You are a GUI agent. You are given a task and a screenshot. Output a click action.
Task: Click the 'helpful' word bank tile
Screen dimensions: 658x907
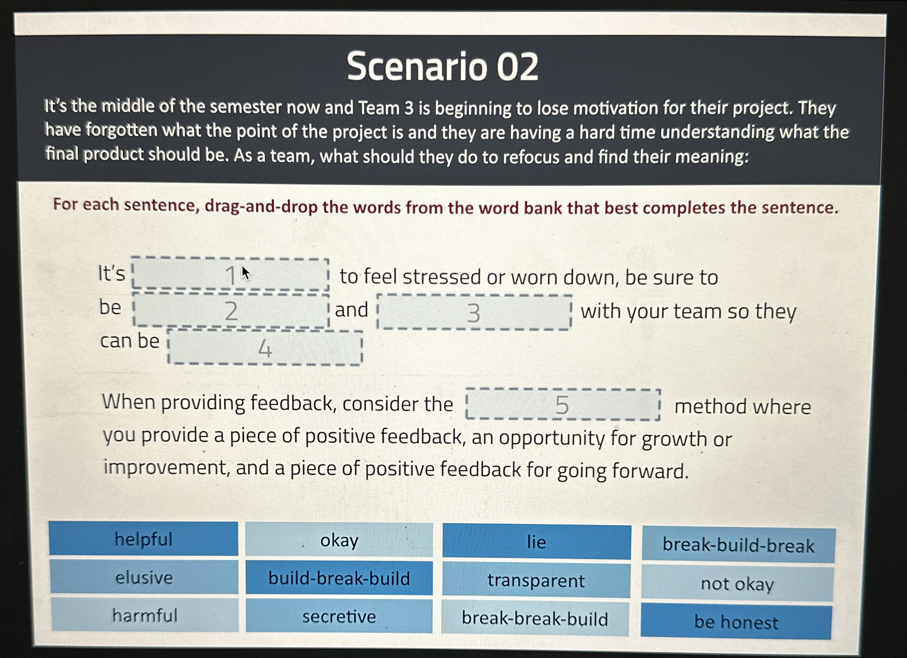[x=144, y=539]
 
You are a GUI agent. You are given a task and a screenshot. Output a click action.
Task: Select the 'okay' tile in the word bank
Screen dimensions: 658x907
[x=339, y=541]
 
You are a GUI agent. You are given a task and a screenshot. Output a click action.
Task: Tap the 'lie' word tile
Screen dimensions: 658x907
[x=536, y=542]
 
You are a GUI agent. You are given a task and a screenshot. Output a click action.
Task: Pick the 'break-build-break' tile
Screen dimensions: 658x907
[x=738, y=545]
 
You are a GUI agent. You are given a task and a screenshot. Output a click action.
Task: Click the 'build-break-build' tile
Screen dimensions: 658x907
[x=339, y=578]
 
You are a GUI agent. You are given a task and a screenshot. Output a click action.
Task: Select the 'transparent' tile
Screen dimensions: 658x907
[x=536, y=580]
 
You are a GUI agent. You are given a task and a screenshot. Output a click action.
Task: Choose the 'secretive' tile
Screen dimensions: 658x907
[x=339, y=616]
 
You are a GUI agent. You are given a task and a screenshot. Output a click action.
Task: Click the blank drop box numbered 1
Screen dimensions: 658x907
[x=230, y=274]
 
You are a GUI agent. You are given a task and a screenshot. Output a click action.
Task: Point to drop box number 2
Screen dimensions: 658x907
[x=231, y=311]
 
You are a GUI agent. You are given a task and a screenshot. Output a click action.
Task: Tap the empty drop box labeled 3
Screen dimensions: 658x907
[x=474, y=312]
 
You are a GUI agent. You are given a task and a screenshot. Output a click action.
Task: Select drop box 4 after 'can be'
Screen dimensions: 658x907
[x=265, y=348]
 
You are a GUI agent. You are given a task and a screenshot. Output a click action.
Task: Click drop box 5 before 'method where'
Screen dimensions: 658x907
[x=563, y=405]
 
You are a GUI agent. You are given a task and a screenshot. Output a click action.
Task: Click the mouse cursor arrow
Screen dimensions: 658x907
[x=245, y=273]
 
